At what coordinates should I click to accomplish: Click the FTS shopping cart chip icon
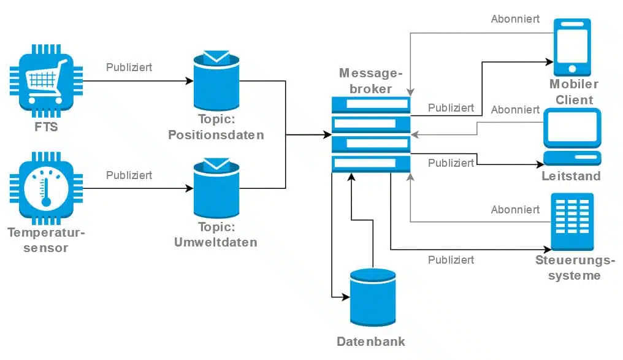pos(46,81)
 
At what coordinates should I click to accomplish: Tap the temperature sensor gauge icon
pos(46,189)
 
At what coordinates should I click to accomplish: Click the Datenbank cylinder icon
pos(373,297)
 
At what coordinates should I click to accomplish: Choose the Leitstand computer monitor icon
pos(572,137)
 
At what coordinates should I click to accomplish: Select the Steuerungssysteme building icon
pos(572,221)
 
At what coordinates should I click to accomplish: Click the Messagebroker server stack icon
pos(371,134)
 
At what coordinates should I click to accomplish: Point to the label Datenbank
pos(371,342)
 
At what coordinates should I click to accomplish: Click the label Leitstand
pos(571,176)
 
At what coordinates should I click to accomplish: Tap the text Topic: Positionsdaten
pos(216,127)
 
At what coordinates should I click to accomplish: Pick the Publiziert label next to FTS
pos(129,67)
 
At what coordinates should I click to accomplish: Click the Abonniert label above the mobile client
pos(515,19)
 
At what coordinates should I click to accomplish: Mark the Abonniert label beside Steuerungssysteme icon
pos(515,210)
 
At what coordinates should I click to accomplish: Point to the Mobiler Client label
pos(574,92)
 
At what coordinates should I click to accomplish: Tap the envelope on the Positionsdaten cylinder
pos(216,56)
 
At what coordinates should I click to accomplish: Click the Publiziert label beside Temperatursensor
pos(129,175)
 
